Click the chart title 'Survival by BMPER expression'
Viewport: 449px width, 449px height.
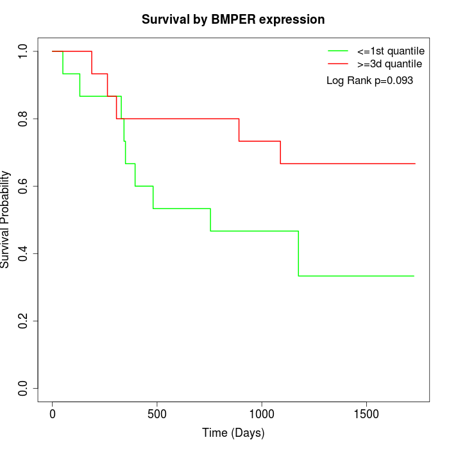pos(233,19)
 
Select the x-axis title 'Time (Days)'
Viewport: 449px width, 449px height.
pos(233,433)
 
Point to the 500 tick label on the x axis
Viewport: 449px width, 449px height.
pos(157,414)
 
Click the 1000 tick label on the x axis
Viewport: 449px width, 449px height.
pos(262,414)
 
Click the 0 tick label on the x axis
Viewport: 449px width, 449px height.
pos(53,414)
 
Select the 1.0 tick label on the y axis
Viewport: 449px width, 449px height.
pos(24,51)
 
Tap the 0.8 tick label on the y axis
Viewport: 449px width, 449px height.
pos(24,119)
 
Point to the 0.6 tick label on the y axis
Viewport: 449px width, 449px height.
pos(24,186)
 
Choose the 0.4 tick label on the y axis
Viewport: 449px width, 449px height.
pos(24,253)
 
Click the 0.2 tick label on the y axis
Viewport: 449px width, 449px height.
pos(24,321)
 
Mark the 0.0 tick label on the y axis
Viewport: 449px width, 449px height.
pos(24,388)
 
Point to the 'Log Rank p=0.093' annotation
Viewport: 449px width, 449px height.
pos(369,81)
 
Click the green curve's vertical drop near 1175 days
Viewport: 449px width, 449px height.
pos(298,253)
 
